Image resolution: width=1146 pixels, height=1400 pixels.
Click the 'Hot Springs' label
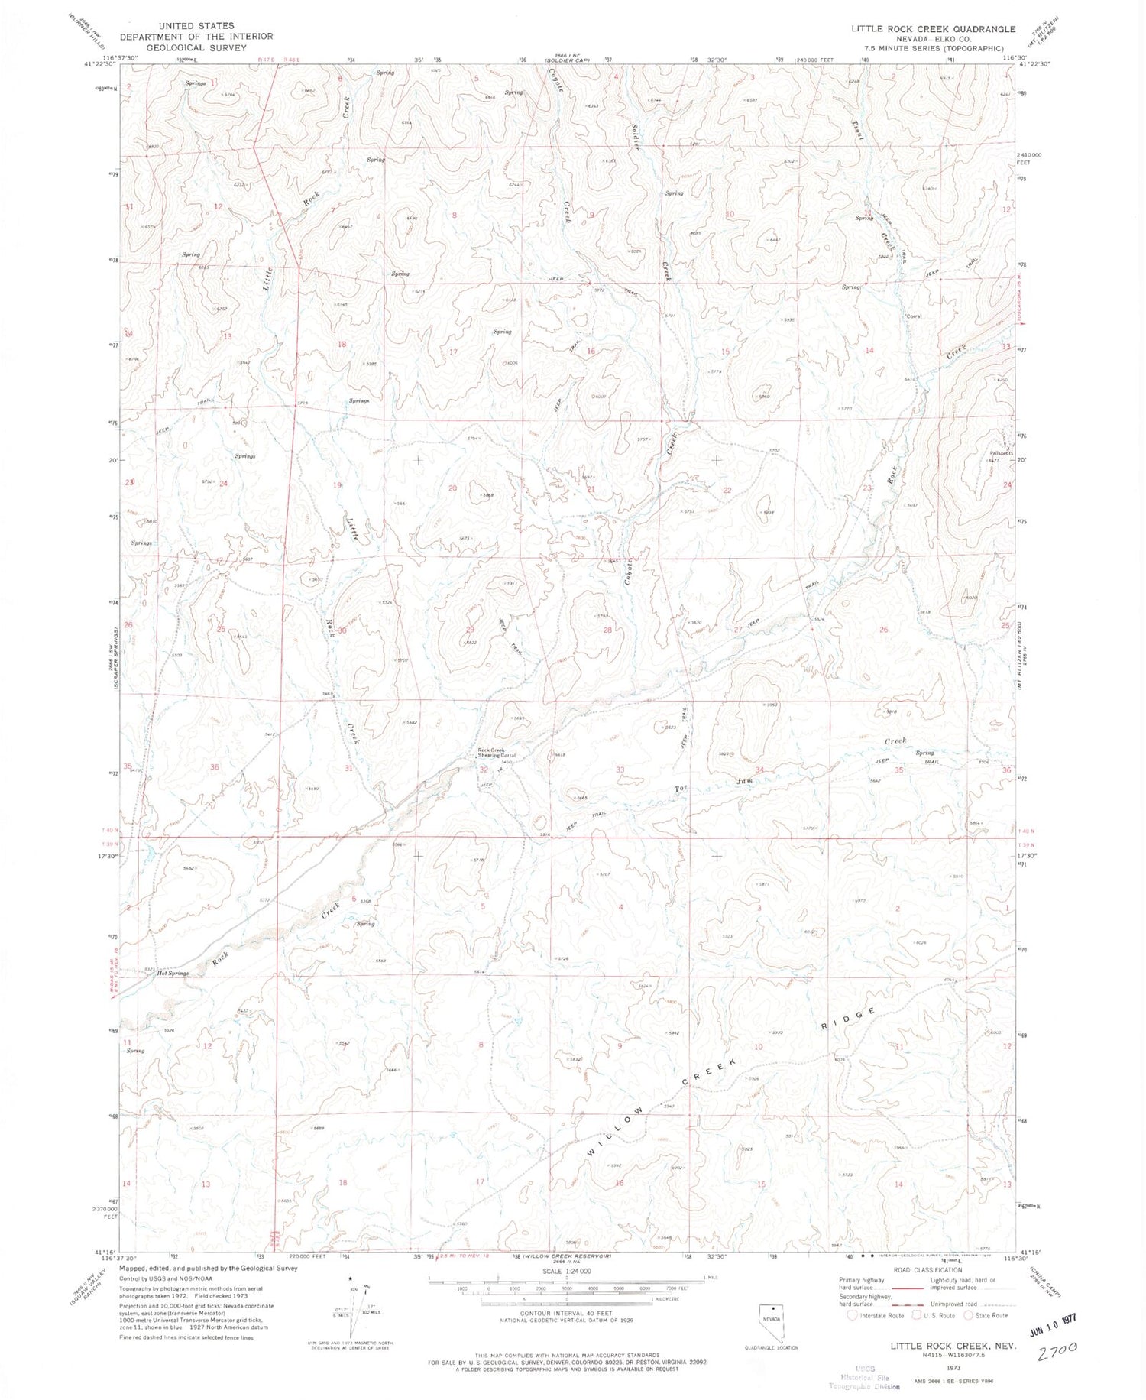173,974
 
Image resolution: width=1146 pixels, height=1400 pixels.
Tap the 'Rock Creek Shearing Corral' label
497,753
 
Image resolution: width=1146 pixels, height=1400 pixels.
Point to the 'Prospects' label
1001,453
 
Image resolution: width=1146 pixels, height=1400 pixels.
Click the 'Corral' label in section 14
914,316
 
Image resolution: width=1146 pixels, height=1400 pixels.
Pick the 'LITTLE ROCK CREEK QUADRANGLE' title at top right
934,29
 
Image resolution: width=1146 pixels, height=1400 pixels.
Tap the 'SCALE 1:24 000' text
566,1271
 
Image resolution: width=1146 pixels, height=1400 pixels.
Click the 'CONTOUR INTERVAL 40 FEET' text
566,1313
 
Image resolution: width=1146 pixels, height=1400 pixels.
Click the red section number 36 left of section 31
215,767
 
